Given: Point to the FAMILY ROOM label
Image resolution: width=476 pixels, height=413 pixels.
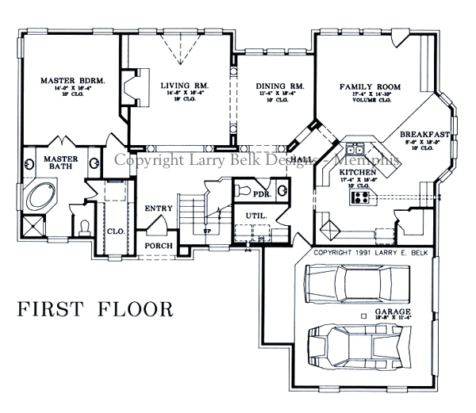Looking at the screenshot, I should pyautogui.click(x=369, y=86).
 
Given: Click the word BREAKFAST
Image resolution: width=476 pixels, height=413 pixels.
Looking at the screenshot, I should pyautogui.click(x=425, y=134).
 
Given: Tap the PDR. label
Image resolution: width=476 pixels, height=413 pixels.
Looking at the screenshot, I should pyautogui.click(x=262, y=192).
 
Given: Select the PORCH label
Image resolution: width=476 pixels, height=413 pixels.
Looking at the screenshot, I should pyautogui.click(x=158, y=246).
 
